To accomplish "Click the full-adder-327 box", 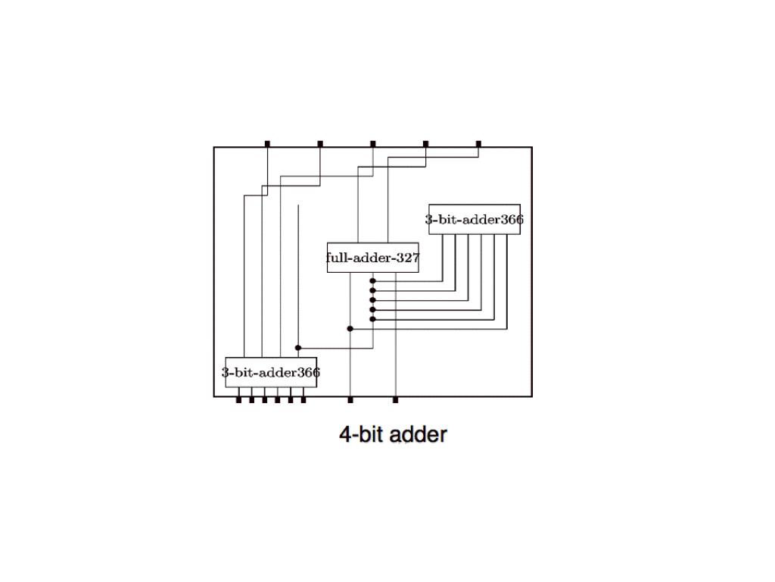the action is click(x=372, y=258).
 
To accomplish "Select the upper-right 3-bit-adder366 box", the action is click(x=474, y=220).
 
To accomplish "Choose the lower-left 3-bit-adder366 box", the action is click(x=270, y=372).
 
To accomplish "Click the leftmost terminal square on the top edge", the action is click(x=267, y=143).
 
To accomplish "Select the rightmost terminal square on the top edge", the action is click(x=478, y=143).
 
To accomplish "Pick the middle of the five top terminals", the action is click(x=373, y=143).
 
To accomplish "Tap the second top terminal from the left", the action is click(x=320, y=143).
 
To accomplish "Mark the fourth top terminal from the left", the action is click(x=425, y=143).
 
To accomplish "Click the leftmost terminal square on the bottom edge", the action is click(x=238, y=399).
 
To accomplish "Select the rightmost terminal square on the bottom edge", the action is click(x=395, y=399).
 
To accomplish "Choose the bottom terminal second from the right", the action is click(x=350, y=399).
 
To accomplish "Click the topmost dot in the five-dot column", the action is click(x=373, y=281).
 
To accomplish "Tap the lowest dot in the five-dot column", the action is click(x=373, y=319).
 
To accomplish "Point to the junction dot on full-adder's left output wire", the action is click(x=350, y=329).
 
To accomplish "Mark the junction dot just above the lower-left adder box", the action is click(x=298, y=348).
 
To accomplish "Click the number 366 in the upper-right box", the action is click(x=512, y=220).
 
